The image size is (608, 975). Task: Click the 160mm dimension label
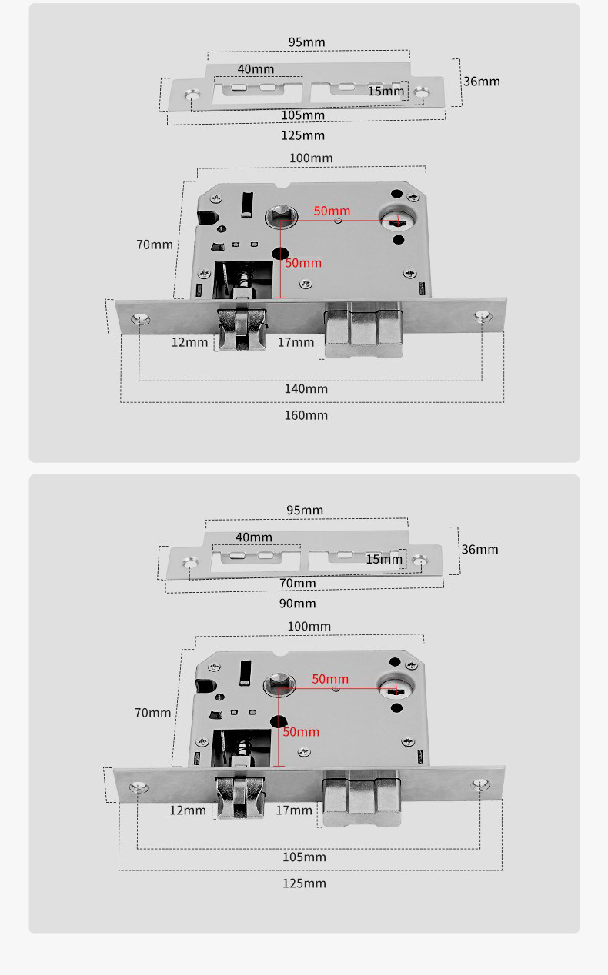(306, 415)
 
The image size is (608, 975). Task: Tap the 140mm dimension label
(306, 389)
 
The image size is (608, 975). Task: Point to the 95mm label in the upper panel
(306, 42)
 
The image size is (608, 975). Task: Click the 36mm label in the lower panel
(479, 549)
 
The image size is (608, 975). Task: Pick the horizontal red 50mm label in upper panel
(332, 211)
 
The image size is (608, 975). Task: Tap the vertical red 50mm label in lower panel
(300, 731)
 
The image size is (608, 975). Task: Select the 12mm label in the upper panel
(189, 342)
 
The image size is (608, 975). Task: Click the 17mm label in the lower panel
(294, 810)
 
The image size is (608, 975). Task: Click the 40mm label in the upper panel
(256, 69)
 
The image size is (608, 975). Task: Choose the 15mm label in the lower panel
(384, 559)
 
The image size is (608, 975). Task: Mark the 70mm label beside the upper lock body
(155, 245)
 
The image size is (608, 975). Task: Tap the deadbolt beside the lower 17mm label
(362, 800)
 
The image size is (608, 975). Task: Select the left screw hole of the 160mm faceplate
(140, 318)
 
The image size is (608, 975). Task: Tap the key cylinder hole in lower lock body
(396, 687)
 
